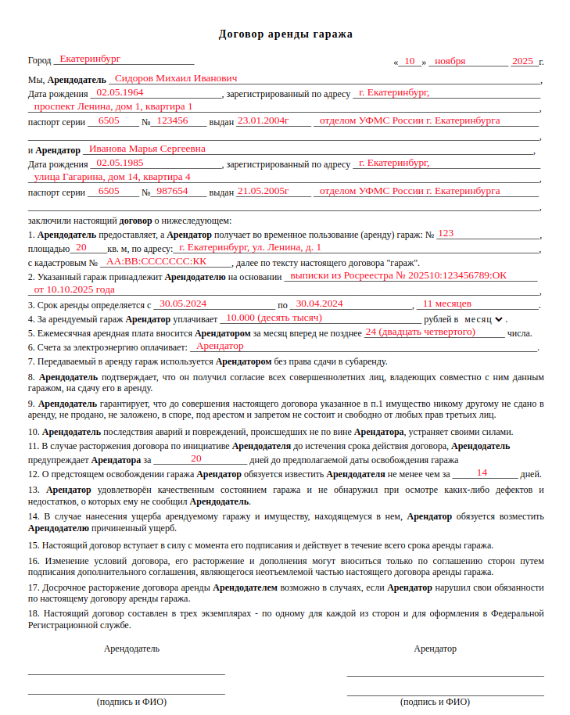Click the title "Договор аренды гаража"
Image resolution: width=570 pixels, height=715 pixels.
point(285,34)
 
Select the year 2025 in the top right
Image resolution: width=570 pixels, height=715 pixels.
point(522,60)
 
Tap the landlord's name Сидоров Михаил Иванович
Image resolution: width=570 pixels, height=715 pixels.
point(175,78)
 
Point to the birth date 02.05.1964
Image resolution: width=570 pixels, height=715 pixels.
point(120,92)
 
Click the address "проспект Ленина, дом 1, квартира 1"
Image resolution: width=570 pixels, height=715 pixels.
point(113,106)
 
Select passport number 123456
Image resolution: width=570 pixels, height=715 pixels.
point(172,120)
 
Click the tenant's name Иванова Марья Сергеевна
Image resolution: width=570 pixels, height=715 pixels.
point(147,148)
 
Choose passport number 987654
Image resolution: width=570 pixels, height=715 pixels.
point(172,191)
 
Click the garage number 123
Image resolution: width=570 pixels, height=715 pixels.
point(446,233)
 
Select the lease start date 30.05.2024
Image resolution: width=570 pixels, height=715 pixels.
point(182,304)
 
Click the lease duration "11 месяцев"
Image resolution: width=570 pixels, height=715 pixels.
point(446,304)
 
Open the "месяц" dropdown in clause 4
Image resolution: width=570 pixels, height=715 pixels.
point(485,319)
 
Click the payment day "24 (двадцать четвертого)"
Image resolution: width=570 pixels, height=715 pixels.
point(420,332)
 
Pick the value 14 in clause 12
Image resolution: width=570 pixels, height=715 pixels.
point(482,472)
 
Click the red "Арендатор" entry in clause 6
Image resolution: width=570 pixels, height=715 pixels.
point(220,346)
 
